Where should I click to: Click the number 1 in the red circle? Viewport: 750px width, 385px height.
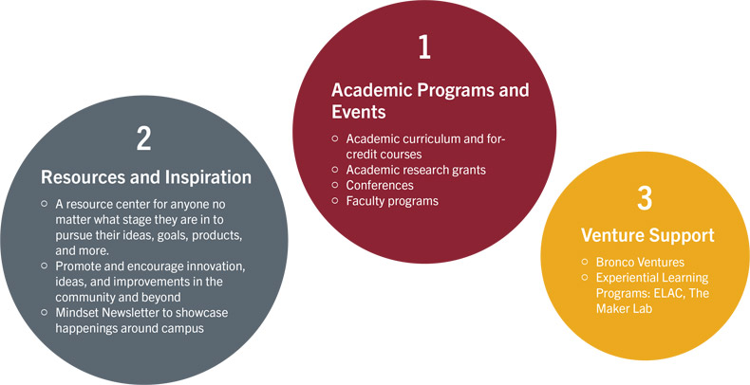(423, 47)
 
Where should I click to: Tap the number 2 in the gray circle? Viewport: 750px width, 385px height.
(143, 138)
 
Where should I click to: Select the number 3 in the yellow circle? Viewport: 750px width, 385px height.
(645, 198)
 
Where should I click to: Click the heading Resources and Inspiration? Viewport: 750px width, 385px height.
(145, 176)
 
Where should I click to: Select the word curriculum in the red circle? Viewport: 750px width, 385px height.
(434, 138)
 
